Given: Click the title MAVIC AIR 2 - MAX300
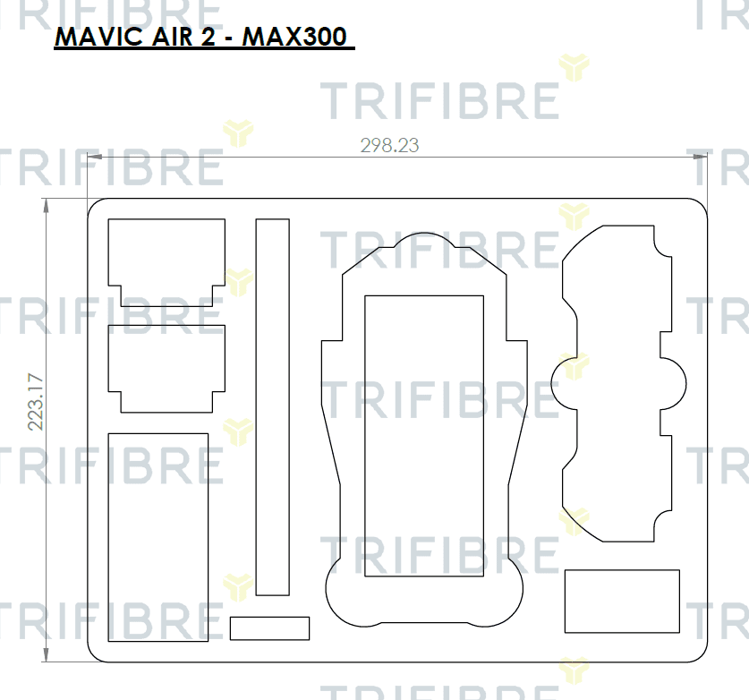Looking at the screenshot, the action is pos(200,37).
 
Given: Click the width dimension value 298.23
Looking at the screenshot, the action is pos(389,145).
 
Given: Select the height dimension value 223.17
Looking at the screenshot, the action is pos(36,402).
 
